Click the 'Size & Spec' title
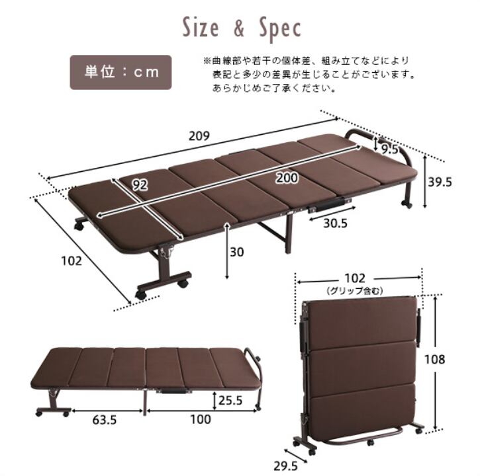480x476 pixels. (x=242, y=28)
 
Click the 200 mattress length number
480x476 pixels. (x=286, y=177)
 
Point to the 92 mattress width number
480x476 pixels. (x=139, y=186)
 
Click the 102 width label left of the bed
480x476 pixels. (x=70, y=260)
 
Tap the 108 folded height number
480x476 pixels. (x=452, y=360)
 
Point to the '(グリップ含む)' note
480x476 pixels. (x=356, y=291)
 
